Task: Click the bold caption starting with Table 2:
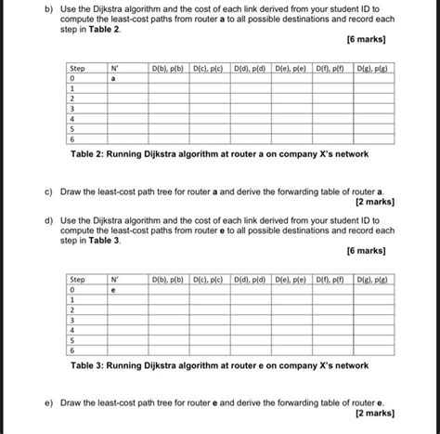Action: (219, 153)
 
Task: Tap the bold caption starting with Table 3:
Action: (219, 365)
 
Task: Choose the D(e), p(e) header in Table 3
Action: (291, 278)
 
